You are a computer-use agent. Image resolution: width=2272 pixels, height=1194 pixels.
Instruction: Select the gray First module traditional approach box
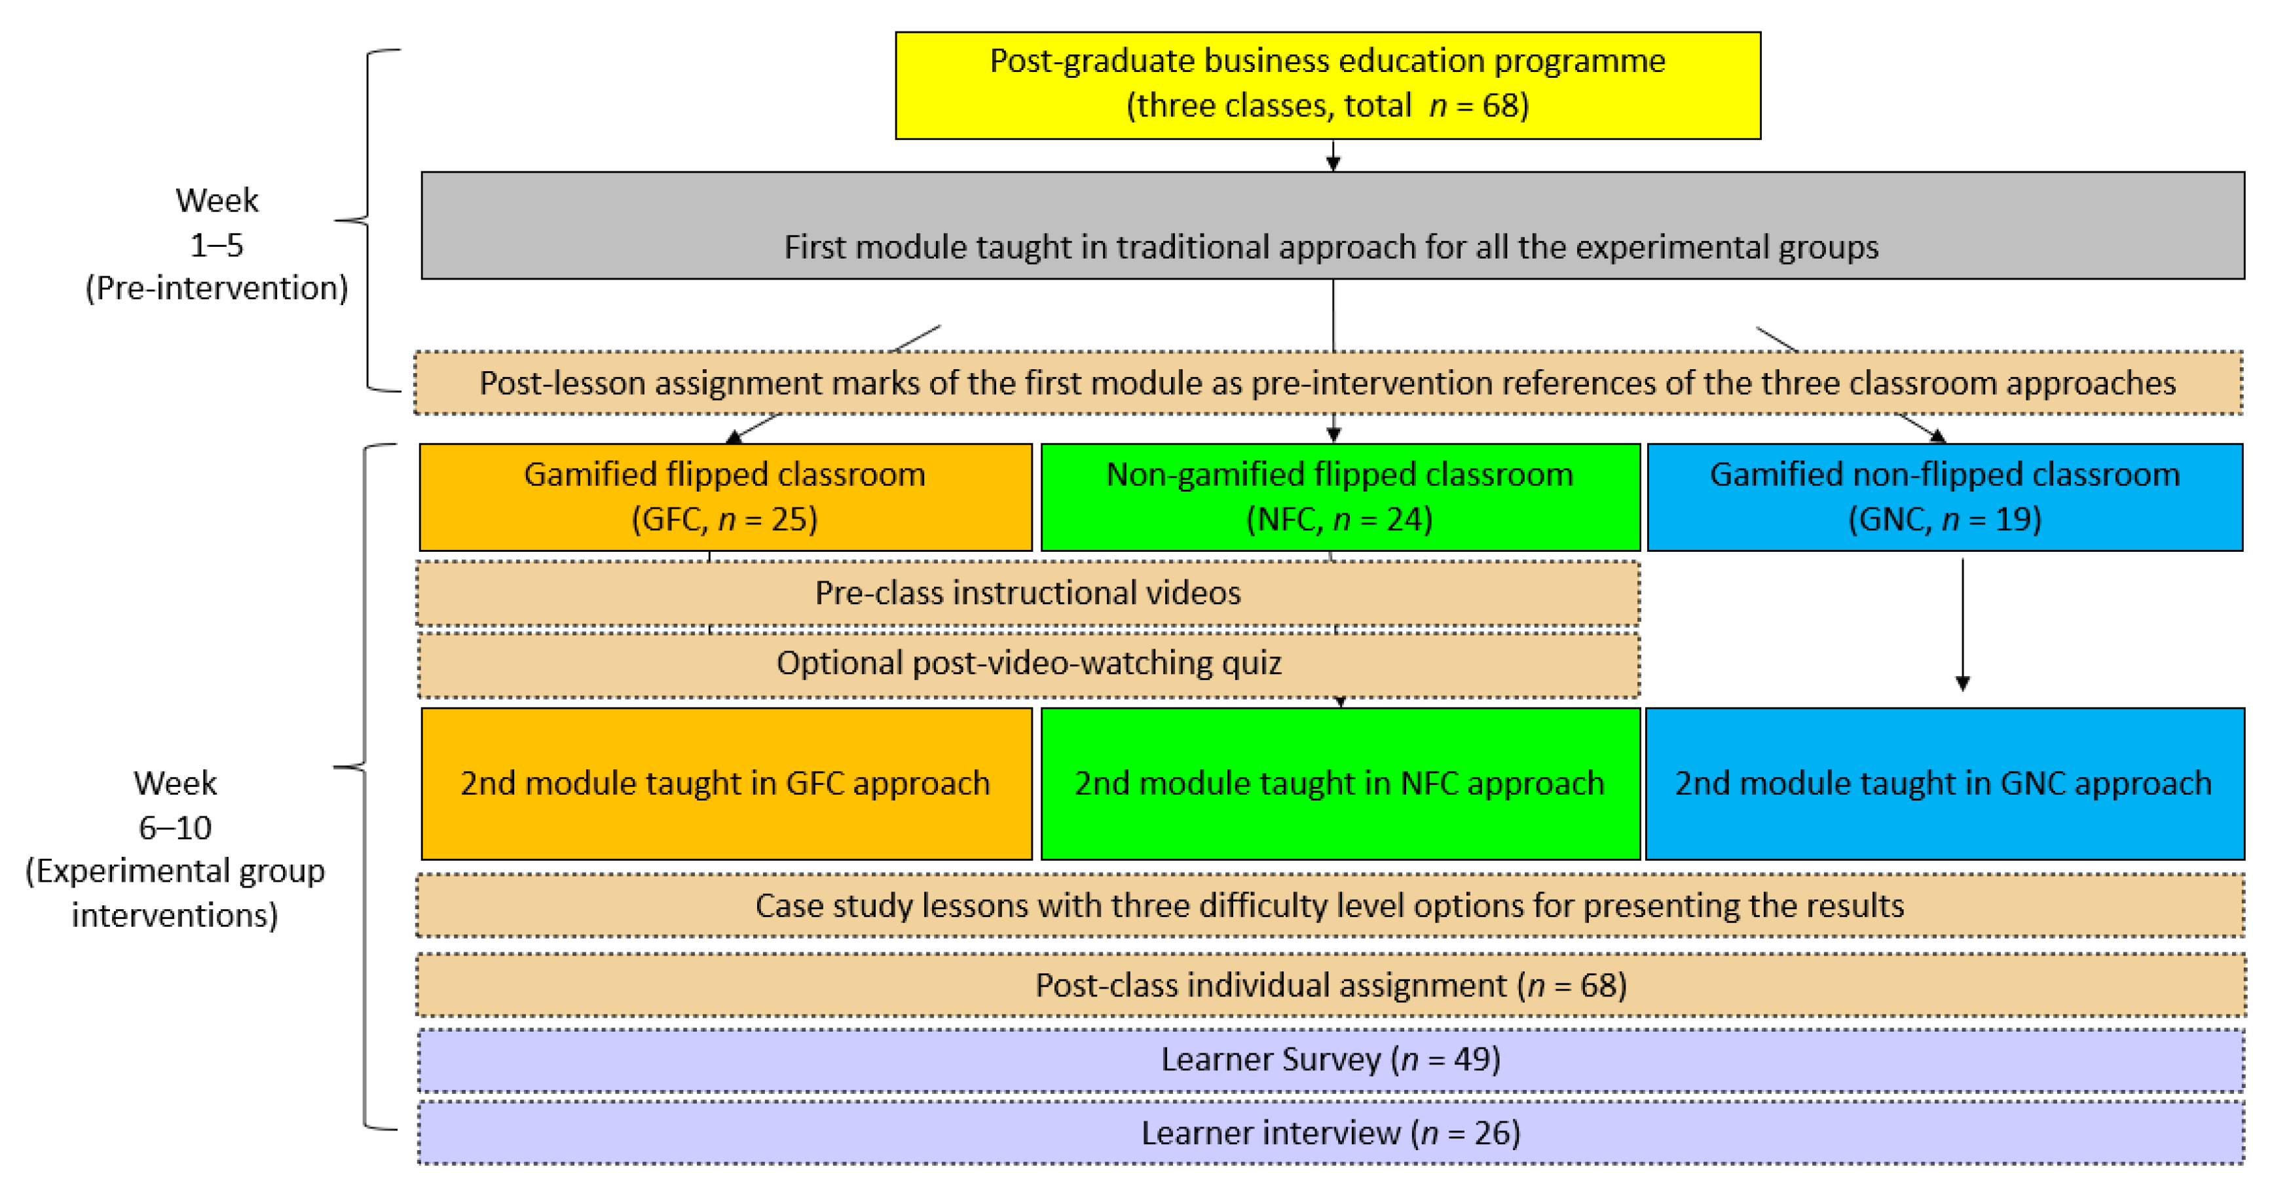(x=1332, y=225)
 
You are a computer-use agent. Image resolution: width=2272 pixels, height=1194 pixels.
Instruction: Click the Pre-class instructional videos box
(x=1028, y=592)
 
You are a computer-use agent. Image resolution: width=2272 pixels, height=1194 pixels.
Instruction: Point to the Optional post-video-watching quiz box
(x=1028, y=663)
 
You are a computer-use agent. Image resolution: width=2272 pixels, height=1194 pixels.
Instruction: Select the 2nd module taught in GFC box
(x=726, y=783)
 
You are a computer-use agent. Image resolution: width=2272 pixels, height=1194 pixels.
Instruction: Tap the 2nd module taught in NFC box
(x=1340, y=783)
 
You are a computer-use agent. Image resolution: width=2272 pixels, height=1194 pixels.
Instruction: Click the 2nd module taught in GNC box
(x=1944, y=783)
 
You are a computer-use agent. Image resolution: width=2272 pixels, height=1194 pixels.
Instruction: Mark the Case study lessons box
(x=1330, y=905)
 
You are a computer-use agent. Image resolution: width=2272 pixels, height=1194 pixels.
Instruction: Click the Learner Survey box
(x=1330, y=1059)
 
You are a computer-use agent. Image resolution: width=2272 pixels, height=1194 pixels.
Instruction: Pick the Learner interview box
(x=1330, y=1133)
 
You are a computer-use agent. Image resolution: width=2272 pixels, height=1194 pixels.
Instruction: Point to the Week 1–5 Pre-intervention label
(x=217, y=244)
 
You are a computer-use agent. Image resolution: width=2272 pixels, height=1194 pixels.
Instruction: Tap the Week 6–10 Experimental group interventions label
(x=175, y=848)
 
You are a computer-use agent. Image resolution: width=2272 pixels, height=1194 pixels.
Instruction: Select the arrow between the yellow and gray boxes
(x=1333, y=156)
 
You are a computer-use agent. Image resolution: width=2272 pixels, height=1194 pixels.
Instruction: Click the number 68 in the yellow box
(x=1499, y=106)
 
